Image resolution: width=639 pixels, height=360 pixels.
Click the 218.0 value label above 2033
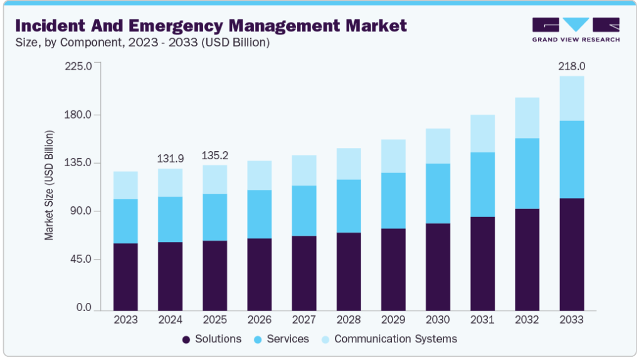571,66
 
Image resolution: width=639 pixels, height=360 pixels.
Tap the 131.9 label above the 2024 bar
170,159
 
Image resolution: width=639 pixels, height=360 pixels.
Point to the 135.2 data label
214,156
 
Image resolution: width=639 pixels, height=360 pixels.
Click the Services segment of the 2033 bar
571,159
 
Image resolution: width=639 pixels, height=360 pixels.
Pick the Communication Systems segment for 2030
437,146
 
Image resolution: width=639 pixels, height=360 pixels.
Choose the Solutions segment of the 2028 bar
348,272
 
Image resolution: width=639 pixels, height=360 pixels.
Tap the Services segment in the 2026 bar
259,214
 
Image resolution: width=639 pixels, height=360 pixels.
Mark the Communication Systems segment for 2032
526,118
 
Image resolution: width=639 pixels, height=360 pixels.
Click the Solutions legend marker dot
186,339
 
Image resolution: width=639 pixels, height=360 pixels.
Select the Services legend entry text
288,339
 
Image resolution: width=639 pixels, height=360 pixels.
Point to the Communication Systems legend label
395,339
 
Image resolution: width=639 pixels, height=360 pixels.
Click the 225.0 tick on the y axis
80,66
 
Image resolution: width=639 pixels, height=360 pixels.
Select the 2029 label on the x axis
393,319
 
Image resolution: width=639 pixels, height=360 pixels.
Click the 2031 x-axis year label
482,319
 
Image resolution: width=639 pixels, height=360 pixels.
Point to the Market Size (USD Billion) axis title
49,186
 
